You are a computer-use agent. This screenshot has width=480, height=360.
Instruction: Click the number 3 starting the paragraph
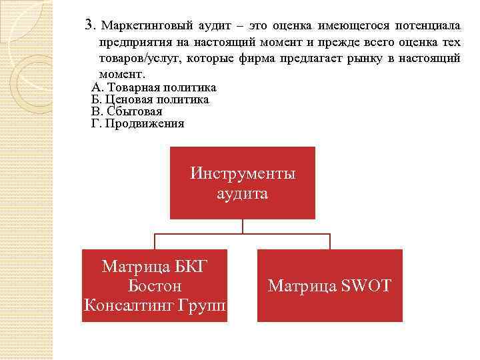89,25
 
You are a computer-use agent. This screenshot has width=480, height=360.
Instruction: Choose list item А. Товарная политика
153,87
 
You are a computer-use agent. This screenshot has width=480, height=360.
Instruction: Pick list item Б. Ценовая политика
149,99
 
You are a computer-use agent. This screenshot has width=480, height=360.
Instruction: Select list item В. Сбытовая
126,111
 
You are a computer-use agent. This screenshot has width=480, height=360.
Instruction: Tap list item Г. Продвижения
137,123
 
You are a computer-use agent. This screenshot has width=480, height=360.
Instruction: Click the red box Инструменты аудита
243,183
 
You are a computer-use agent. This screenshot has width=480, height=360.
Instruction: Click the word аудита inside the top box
243,194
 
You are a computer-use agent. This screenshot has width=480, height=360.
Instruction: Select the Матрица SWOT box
329,285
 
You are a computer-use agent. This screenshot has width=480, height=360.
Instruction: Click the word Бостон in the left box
155,286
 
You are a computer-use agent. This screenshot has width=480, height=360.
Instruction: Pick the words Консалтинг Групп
155,305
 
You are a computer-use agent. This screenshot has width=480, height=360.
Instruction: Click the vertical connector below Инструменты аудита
243,226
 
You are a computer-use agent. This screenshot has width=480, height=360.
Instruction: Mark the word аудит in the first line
216,25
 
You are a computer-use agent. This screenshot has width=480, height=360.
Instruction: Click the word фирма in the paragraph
288,59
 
